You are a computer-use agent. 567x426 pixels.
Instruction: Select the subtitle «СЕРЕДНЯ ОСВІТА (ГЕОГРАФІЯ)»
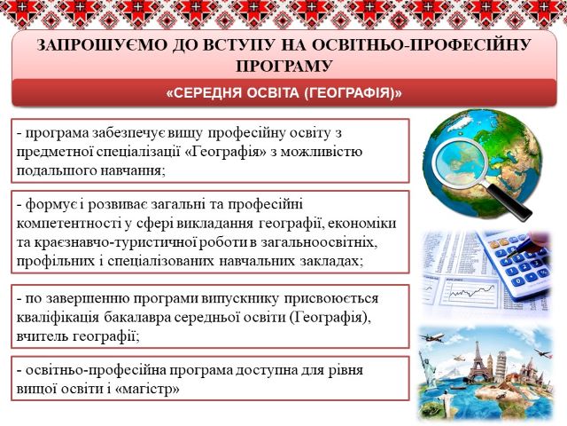[x=283, y=93]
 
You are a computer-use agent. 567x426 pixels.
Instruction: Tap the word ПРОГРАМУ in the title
[x=283, y=67]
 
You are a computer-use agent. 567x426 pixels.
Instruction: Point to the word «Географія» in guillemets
[x=226, y=152]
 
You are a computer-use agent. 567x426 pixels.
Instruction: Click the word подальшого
[x=52, y=171]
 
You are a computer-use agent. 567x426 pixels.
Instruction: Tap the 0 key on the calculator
[x=519, y=281]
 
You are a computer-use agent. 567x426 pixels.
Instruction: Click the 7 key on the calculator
[x=501, y=253]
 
